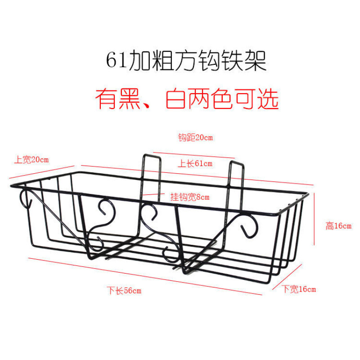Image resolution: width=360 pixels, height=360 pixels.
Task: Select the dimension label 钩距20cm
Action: point(195,138)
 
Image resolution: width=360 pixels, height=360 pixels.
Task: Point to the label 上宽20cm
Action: point(31,159)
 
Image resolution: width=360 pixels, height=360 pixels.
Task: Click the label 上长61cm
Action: point(194,163)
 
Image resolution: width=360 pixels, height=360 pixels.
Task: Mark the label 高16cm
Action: point(338,226)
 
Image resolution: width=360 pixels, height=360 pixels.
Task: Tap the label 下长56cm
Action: point(124,290)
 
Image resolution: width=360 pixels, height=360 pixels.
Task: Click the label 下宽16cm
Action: point(299,289)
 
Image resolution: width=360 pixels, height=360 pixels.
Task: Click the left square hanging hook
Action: point(152,175)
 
